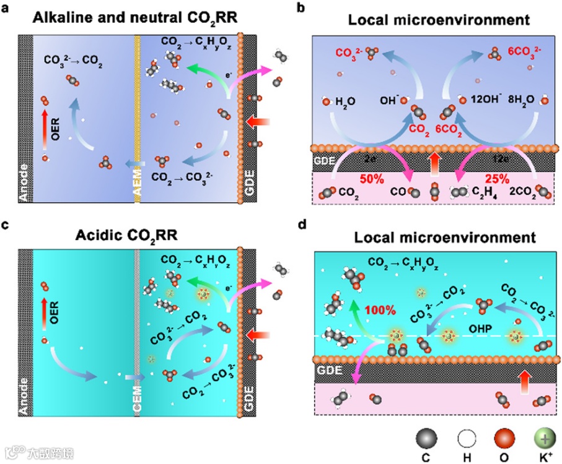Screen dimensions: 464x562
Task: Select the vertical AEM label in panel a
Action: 138,184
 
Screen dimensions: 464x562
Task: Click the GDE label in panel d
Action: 330,371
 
